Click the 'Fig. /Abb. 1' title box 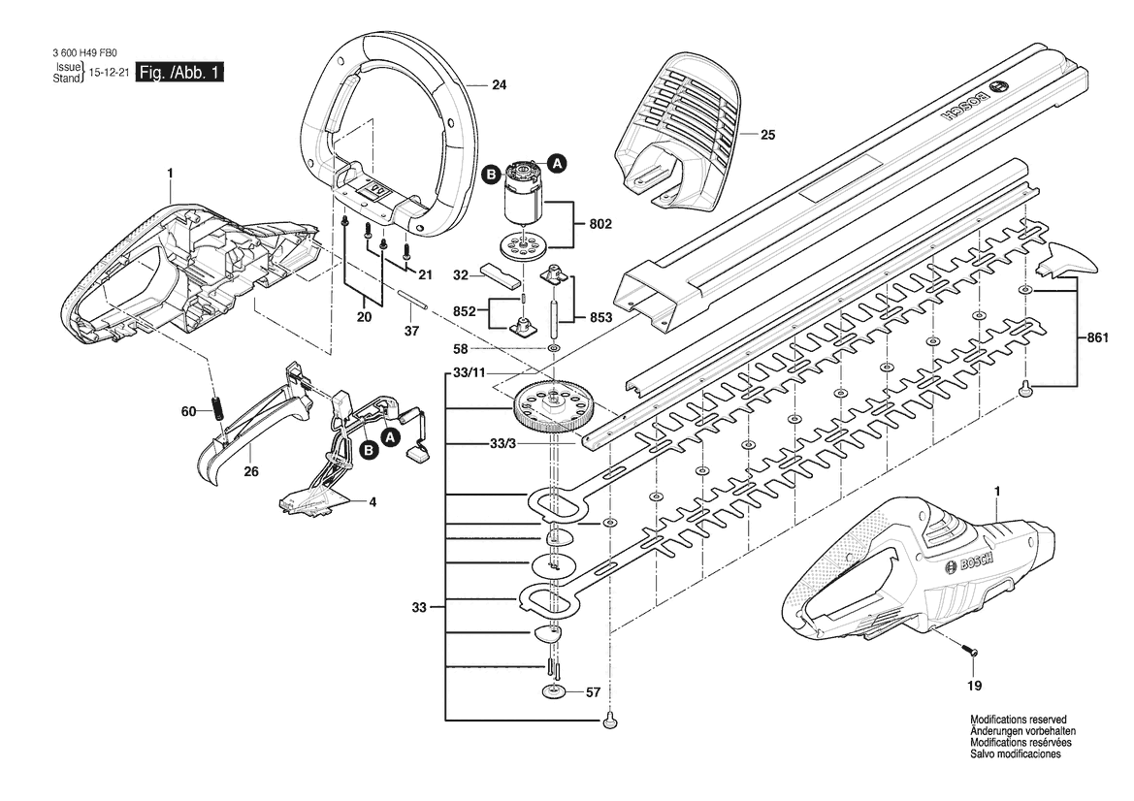(x=179, y=73)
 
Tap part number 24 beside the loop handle (x=499, y=85)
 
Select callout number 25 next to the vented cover (x=768, y=135)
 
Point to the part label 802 (x=600, y=224)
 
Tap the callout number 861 (x=1099, y=336)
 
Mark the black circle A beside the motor (x=557, y=164)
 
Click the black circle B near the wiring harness (x=368, y=450)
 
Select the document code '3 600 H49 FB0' (x=84, y=52)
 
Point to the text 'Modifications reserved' (x=1019, y=721)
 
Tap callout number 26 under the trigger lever (x=251, y=472)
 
